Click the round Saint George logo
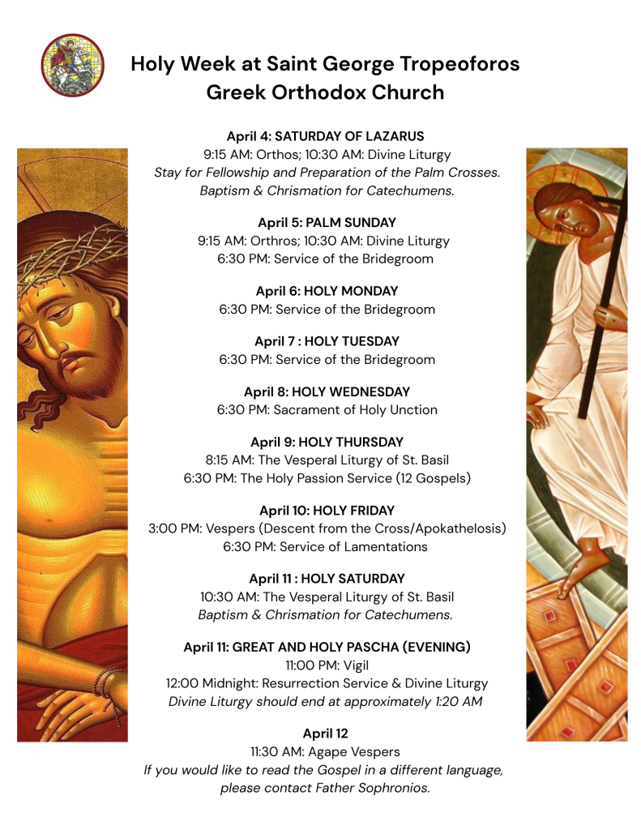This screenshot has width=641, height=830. pos(73,65)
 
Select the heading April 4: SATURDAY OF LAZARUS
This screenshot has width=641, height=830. pos(325,136)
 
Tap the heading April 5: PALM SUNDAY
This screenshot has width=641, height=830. pos(326,222)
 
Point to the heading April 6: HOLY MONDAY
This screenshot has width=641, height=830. pos(327,291)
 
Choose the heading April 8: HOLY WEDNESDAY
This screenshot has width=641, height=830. pos(327,391)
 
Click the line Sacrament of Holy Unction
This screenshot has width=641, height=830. pos(355,410)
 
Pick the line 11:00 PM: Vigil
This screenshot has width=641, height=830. pos(327,665)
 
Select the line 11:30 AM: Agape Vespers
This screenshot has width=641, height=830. pos(325,752)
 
